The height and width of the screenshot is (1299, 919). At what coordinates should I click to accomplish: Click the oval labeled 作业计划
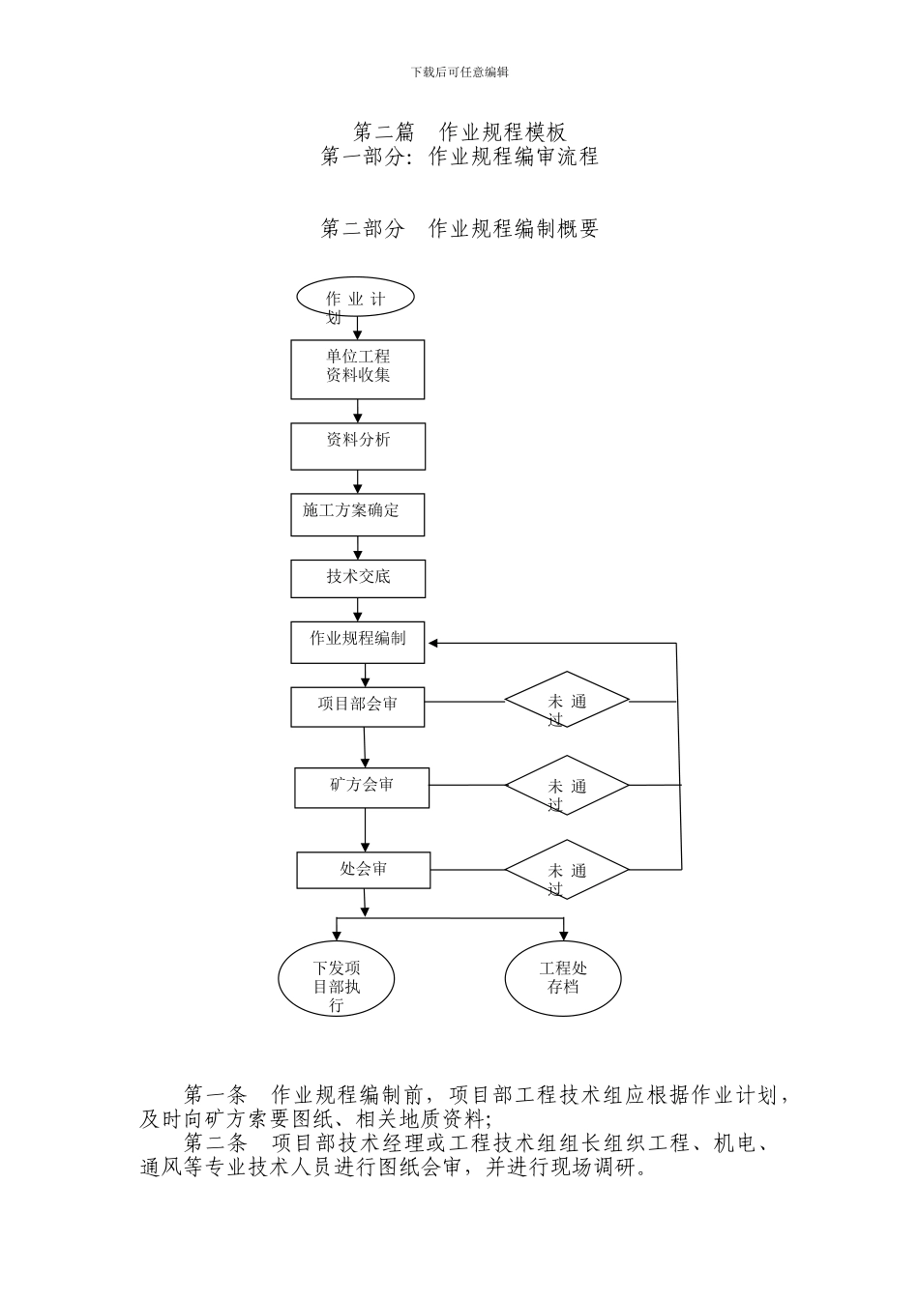355,298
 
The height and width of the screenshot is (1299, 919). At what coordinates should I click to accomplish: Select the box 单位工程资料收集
358,369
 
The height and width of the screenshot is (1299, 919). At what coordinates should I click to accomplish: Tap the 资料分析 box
358,446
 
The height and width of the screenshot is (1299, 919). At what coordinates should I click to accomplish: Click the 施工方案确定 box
358,515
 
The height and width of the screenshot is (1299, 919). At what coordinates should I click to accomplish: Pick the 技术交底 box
358,578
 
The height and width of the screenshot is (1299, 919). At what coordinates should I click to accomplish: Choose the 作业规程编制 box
358,642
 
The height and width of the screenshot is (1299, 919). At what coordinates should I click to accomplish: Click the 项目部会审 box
358,706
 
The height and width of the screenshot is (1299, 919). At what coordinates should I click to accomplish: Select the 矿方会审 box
362,787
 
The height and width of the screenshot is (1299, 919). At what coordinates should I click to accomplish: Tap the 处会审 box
364,870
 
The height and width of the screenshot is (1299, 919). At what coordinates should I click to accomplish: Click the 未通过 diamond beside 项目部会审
567,701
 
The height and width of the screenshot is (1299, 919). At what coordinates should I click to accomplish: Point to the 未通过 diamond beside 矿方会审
567,785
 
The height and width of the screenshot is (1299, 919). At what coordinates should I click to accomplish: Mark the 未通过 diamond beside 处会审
567,869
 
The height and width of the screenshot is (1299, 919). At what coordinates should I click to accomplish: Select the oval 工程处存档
563,978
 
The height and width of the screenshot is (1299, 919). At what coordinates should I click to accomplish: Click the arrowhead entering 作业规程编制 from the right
434,643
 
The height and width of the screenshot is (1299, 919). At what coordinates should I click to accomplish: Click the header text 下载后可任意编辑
459,72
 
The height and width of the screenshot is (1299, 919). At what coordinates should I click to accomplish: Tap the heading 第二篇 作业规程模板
459,131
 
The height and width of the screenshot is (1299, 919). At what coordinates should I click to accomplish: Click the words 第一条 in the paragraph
215,1095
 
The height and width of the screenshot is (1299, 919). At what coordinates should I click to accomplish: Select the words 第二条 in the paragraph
215,1143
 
